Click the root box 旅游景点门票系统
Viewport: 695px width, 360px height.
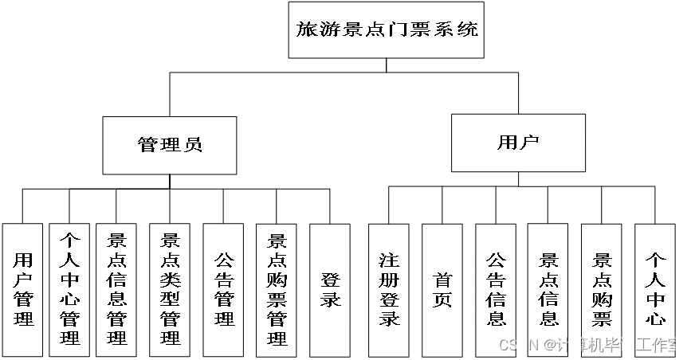[x=387, y=30]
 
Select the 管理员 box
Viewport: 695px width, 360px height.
[x=170, y=145]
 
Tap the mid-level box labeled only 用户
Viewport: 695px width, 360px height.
[x=518, y=143]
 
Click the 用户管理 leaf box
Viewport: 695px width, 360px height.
[x=23, y=289]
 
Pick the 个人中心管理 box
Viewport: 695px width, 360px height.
[x=69, y=289]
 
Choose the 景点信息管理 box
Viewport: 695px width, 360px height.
[x=116, y=289]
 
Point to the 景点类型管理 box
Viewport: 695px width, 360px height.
[x=170, y=289]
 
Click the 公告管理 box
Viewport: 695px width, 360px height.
[x=224, y=289]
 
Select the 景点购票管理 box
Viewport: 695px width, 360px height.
[x=277, y=289]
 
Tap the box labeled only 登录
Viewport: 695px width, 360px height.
[x=330, y=289]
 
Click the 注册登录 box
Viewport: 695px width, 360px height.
[x=389, y=289]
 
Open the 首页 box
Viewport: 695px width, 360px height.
[x=442, y=289]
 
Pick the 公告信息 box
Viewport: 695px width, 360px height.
[x=496, y=289]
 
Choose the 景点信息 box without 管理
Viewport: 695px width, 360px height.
[x=548, y=289]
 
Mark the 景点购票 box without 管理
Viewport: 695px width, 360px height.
[x=602, y=289]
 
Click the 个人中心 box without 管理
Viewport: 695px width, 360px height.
[x=655, y=289]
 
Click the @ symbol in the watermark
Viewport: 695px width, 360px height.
[x=550, y=346]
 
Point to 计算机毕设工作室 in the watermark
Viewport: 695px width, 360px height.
[x=619, y=346]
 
